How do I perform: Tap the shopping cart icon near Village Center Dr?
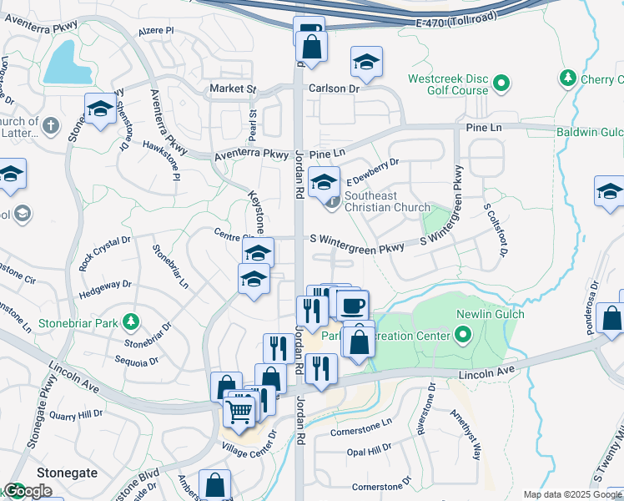[240, 410]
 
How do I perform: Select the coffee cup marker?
[352, 305]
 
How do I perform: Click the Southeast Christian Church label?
[387, 201]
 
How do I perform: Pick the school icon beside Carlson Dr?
[365, 63]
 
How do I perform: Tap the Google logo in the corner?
[27, 492]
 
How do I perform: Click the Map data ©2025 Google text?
[572, 494]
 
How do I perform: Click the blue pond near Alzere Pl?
[66, 63]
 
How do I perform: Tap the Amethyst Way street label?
[465, 434]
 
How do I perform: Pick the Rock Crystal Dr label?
[105, 252]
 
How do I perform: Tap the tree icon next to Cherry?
[568, 78]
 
